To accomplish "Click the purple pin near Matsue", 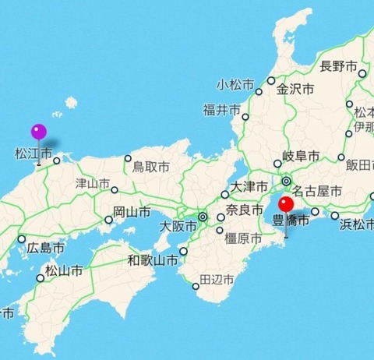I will (x=38, y=133).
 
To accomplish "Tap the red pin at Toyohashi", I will (x=286, y=206).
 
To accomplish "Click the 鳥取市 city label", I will (x=150, y=167).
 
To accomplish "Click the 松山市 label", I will (x=65, y=272).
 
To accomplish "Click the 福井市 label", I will (x=221, y=110).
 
